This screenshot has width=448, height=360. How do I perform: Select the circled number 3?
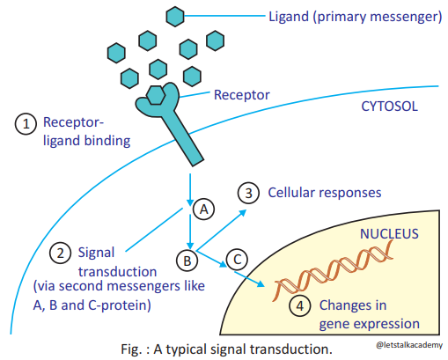coord(250,192)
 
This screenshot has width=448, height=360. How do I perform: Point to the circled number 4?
coord(301,308)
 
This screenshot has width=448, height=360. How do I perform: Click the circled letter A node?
coord(202,209)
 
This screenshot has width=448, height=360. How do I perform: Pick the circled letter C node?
coord(237,260)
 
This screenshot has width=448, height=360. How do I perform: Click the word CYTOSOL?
coord(390,107)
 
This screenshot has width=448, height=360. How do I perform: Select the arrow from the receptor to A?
coord(190,186)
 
